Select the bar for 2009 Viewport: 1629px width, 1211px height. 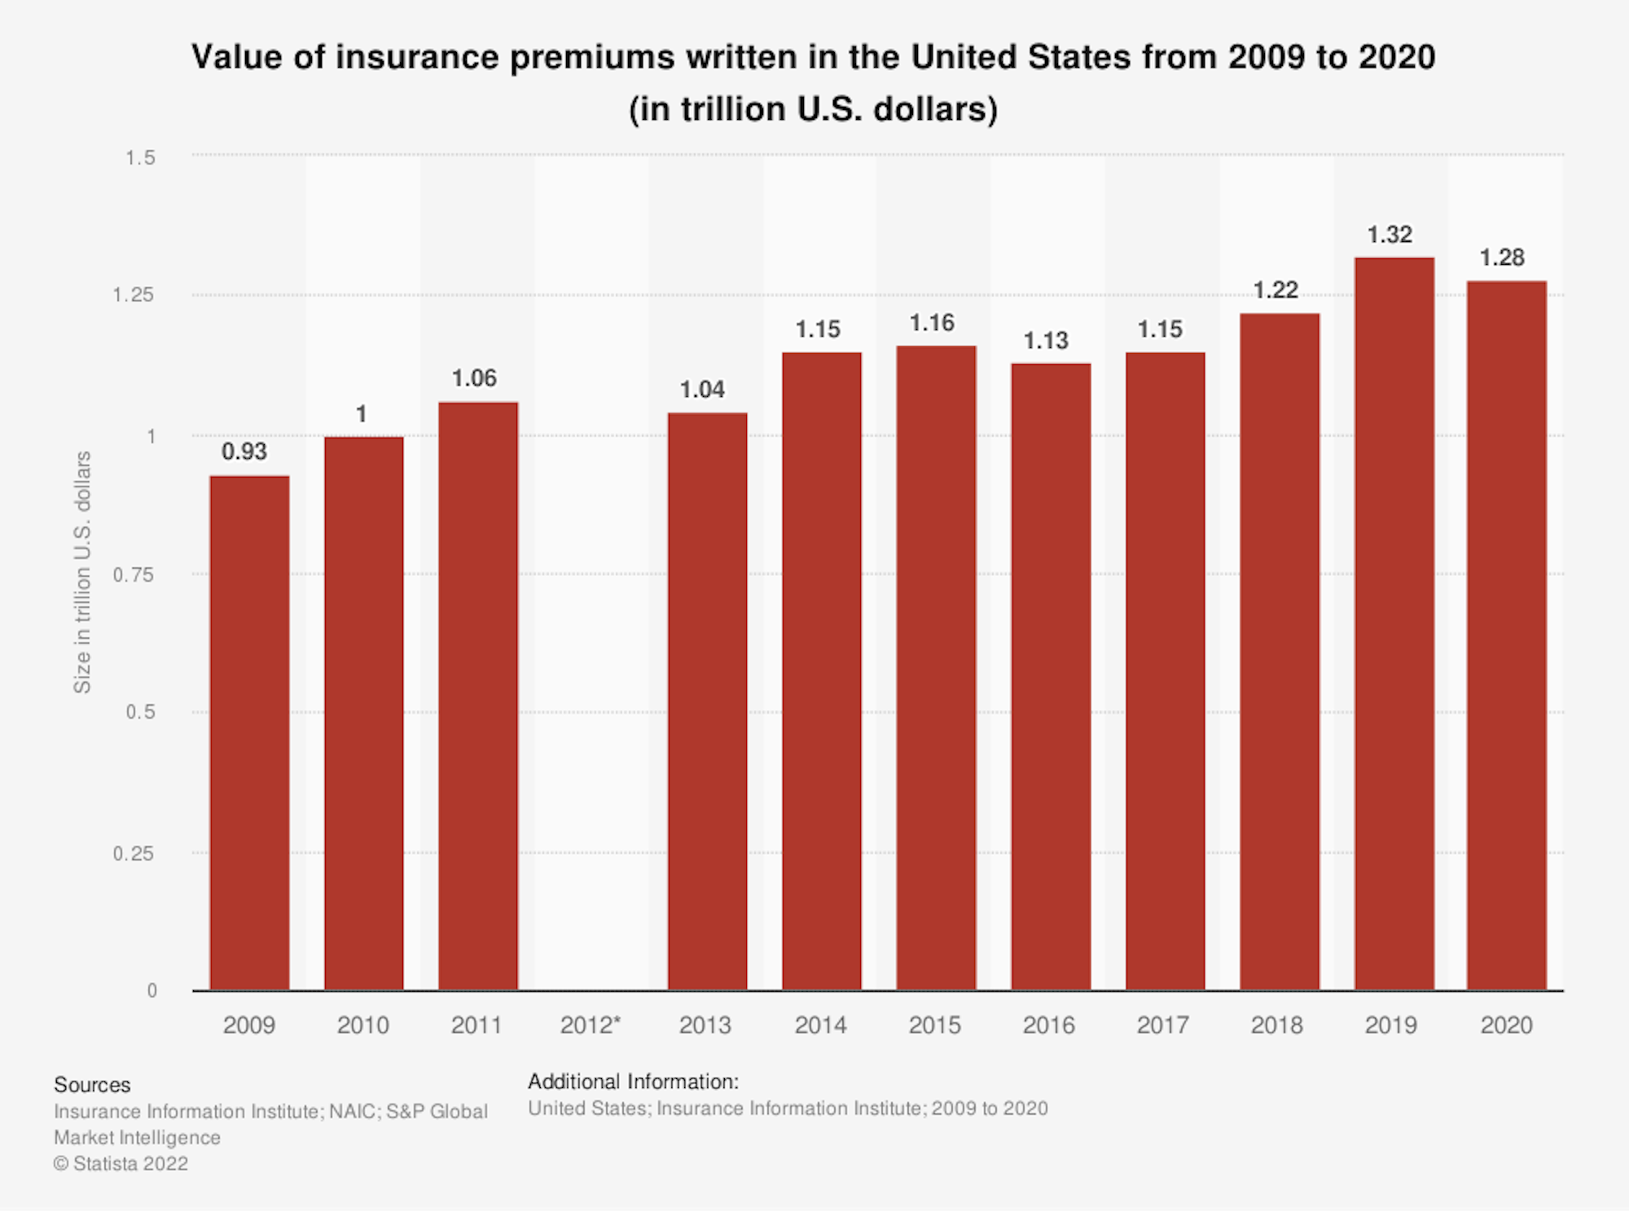[x=249, y=733]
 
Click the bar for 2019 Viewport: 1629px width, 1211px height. [x=1394, y=623]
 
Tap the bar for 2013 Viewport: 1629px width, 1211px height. [x=707, y=701]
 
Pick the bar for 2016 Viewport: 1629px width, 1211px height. [x=1051, y=676]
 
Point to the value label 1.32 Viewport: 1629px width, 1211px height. [x=1389, y=235]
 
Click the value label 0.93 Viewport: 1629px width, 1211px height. [x=244, y=451]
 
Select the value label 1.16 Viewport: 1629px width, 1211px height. [x=932, y=324]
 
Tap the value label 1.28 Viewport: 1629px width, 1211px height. [x=1501, y=258]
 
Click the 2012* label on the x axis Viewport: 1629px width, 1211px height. [x=591, y=1025]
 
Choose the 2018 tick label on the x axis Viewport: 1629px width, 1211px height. [x=1276, y=1025]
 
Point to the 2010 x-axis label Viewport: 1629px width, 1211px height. [x=363, y=1025]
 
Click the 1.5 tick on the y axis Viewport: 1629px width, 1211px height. [x=140, y=157]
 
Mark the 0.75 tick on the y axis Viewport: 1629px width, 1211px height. [x=134, y=575]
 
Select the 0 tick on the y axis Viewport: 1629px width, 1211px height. [x=151, y=991]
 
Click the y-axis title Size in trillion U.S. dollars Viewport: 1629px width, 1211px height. [x=82, y=572]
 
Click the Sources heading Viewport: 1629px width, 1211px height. [x=92, y=1085]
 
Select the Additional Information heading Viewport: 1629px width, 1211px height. [x=633, y=1081]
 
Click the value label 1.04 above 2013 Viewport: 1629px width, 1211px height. [x=702, y=390]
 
